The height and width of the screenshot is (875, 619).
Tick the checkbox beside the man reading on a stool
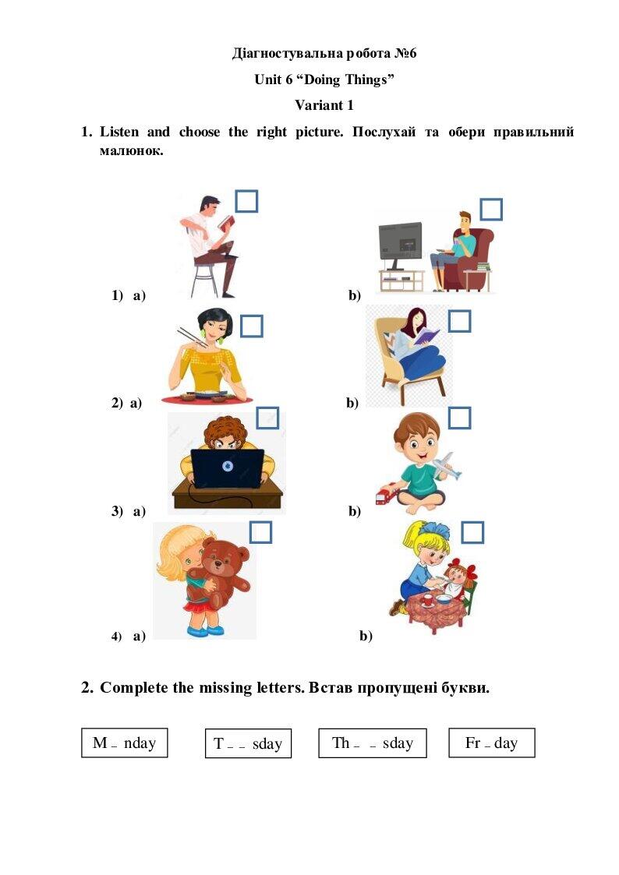pyautogui.click(x=246, y=202)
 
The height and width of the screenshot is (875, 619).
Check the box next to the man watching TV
pyautogui.click(x=491, y=210)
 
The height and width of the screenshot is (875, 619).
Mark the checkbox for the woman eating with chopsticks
pyautogui.click(x=252, y=326)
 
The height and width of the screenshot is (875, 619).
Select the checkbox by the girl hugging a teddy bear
pyautogui.click(x=260, y=532)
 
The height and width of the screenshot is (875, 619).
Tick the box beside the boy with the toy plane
pyautogui.click(x=460, y=418)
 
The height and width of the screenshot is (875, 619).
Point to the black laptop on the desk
pyautogui.click(x=228, y=467)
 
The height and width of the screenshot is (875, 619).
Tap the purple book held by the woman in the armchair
pyautogui.click(x=427, y=335)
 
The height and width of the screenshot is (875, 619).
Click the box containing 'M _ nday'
pyautogui.click(x=125, y=743)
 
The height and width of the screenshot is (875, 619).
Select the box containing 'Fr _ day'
pyautogui.click(x=492, y=743)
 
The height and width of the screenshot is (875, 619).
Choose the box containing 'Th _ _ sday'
pyautogui.click(x=373, y=743)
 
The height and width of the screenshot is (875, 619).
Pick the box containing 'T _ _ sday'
pyautogui.click(x=249, y=743)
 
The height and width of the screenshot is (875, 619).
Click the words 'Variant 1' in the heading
pyautogui.click(x=324, y=105)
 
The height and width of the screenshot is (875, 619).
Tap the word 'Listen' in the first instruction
pyautogui.click(x=118, y=132)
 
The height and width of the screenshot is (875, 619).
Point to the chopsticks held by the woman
pyautogui.click(x=192, y=337)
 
